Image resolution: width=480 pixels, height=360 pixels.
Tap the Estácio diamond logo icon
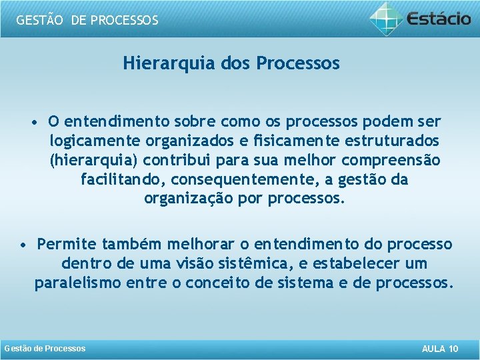[x=387, y=18]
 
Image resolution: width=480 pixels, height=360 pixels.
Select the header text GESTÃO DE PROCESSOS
[x=87, y=20]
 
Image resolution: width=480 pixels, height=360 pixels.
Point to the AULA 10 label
[x=440, y=349]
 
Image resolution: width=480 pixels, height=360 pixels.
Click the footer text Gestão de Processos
[x=45, y=349]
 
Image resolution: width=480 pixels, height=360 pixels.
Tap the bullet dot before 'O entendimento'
[x=34, y=123]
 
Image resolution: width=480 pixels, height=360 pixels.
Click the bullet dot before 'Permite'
[x=23, y=245]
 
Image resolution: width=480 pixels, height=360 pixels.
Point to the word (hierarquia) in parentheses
[x=93, y=161]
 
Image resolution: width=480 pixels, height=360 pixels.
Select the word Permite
[x=67, y=245]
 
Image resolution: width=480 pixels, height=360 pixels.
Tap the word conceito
[x=215, y=283]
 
